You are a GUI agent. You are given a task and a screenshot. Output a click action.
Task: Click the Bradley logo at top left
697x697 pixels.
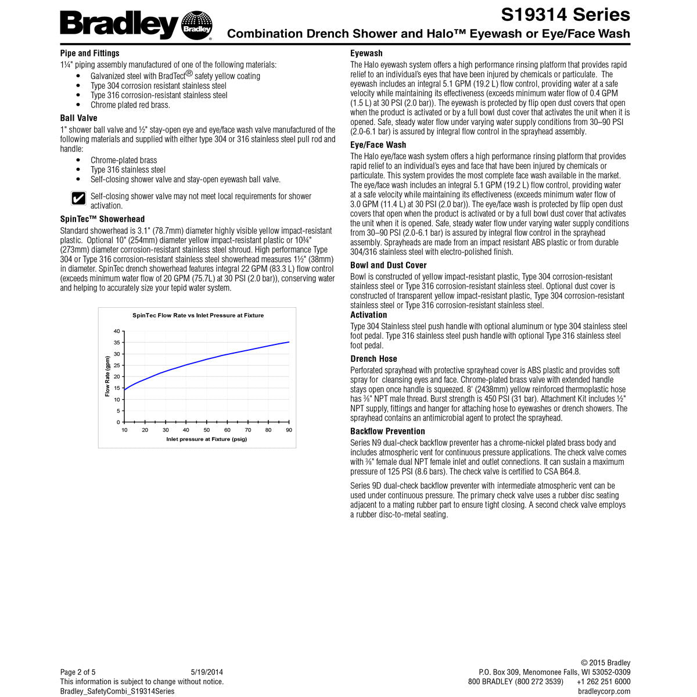136,25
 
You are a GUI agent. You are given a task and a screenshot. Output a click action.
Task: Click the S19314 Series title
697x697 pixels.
565,15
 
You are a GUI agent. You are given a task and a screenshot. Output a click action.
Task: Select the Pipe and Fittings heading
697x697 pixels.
89,53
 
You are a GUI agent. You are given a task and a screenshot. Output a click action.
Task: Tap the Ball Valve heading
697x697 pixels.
79,118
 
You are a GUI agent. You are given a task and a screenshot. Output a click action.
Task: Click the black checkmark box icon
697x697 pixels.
78,199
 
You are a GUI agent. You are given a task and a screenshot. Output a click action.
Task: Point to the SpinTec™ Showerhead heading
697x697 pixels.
103,219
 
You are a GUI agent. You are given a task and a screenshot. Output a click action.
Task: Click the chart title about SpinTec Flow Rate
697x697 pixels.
198,315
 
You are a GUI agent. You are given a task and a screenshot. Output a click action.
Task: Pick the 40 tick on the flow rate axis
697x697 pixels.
117,331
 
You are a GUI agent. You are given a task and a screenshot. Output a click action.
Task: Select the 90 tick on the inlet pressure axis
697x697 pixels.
289,430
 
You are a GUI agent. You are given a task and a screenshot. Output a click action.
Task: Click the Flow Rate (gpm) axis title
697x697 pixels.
107,376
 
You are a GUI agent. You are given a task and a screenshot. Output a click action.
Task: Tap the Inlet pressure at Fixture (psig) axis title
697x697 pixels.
207,439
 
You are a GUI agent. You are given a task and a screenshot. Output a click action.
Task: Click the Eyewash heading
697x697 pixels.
367,53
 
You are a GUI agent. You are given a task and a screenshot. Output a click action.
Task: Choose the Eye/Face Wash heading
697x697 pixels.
378,145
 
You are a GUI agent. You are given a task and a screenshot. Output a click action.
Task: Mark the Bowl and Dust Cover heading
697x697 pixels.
389,265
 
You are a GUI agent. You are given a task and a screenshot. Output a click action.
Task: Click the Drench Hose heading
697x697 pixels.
373,358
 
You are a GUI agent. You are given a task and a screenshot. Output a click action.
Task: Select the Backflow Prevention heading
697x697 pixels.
387,431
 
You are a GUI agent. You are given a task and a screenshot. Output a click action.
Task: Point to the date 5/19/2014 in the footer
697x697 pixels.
207,672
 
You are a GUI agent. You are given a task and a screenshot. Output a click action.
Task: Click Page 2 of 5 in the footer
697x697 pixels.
78,672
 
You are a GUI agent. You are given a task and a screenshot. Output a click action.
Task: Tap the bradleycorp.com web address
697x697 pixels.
604,691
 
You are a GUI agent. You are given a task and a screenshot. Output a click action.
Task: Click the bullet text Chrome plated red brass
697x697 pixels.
130,105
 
